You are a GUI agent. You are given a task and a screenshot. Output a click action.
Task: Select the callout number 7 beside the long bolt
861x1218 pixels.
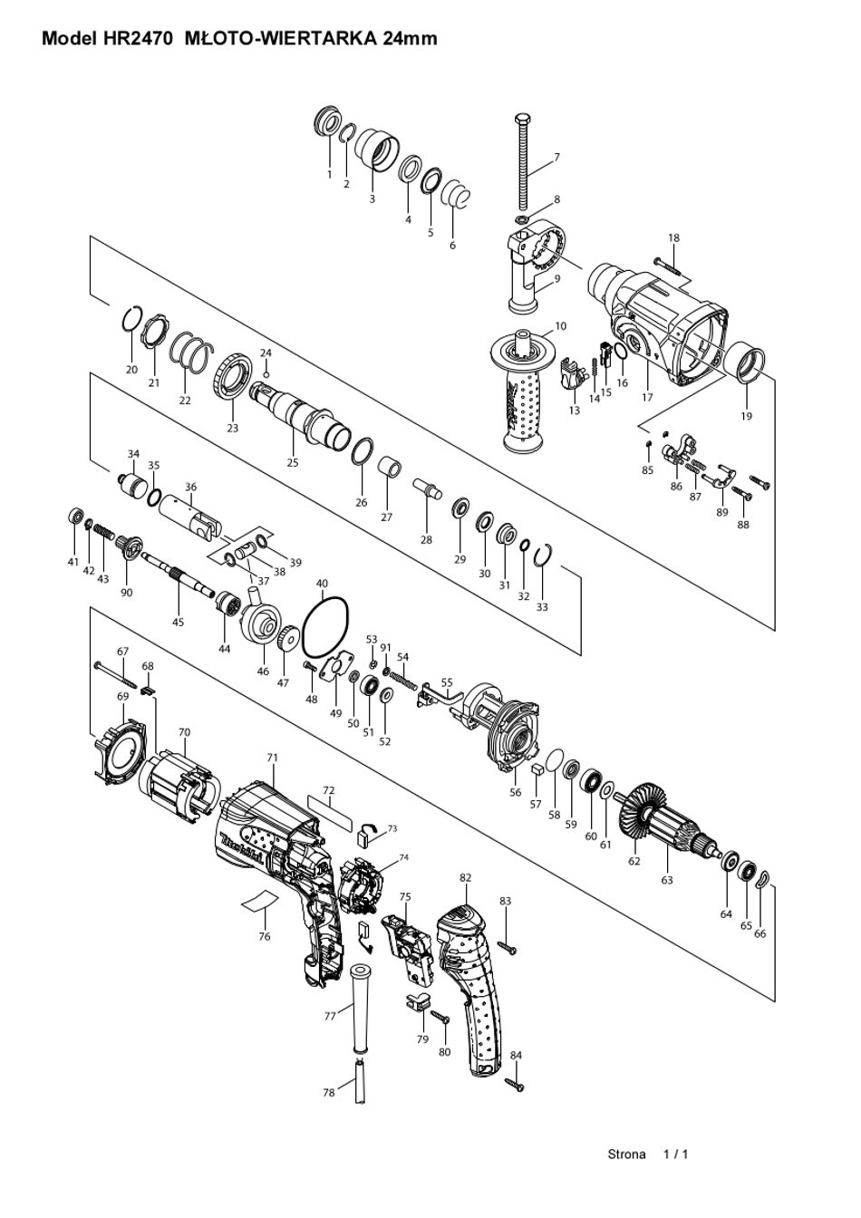coord(556,158)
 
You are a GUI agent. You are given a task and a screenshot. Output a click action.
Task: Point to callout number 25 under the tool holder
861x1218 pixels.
coord(293,463)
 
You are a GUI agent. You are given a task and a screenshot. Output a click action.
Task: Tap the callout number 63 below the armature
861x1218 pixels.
coord(667,880)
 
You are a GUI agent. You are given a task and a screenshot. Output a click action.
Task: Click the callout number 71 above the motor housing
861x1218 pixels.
coord(273,757)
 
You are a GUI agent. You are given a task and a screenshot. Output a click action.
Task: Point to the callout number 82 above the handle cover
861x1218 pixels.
coord(465,877)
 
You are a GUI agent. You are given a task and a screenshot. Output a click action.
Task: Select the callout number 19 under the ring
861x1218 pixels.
coord(746,416)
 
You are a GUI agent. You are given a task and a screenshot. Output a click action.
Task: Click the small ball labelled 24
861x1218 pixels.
coord(266,374)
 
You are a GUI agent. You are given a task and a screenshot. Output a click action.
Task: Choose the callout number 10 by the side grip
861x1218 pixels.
coord(560,325)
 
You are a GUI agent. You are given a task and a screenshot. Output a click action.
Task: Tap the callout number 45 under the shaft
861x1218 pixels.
coord(178,622)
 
